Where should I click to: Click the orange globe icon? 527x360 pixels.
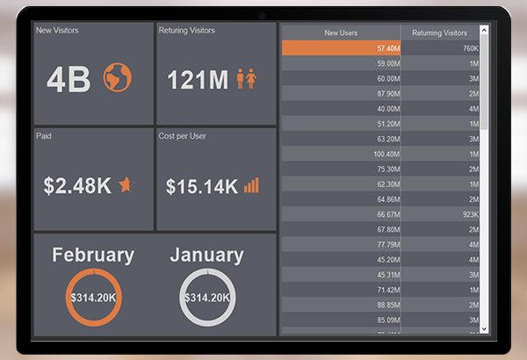point(117,78)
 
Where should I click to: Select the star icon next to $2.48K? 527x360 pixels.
point(127,184)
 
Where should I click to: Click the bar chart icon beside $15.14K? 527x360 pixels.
point(252,184)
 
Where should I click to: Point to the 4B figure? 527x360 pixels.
point(69,80)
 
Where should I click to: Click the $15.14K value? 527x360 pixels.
point(201,186)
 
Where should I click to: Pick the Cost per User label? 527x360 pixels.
point(183,136)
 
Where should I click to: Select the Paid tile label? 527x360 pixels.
point(44,136)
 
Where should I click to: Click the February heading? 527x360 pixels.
point(93,256)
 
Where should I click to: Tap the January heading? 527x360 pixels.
point(206,256)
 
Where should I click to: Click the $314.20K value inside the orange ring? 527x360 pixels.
point(93,298)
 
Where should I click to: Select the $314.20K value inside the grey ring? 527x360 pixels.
point(206,298)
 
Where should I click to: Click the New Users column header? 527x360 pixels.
point(342,32)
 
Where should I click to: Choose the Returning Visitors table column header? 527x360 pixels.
point(439,32)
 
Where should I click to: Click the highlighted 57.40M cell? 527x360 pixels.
point(342,48)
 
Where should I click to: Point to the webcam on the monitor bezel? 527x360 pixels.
point(262,15)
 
